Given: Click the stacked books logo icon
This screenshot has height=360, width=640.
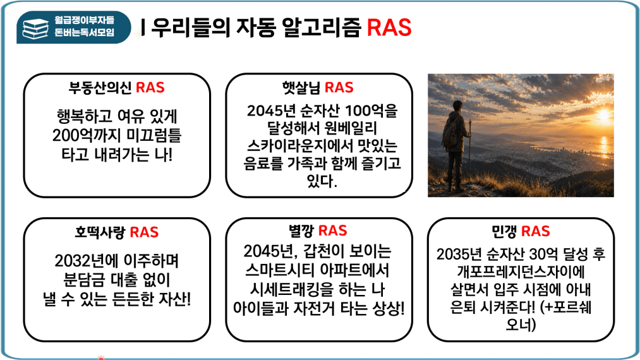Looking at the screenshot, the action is (35, 28).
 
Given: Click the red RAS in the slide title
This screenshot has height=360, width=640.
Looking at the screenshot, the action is (389, 27).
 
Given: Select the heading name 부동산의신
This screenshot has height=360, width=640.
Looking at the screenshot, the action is (100, 88).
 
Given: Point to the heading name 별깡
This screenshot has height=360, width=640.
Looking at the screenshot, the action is (301, 231).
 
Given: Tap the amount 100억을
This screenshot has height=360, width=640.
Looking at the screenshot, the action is (371, 111).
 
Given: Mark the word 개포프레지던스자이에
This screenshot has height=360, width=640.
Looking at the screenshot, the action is (521, 272).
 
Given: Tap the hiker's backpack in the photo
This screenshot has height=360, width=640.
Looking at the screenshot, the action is (450, 131).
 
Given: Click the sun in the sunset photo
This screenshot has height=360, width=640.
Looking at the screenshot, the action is (603, 116).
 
